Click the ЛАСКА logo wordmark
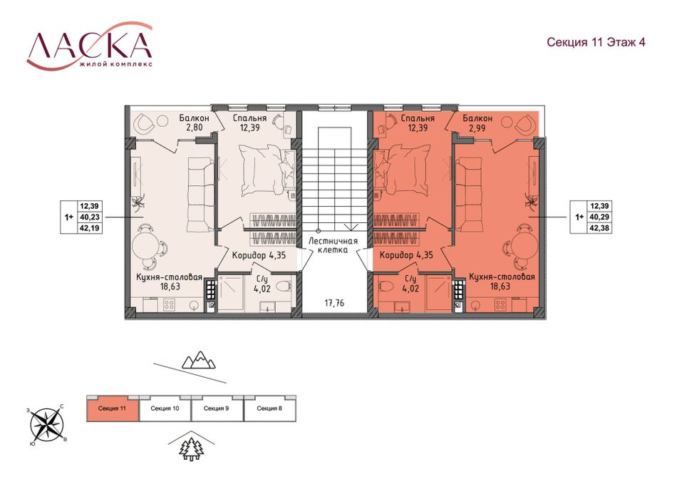coord(90,46)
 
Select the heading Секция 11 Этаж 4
coord(596,42)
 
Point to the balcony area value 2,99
coord(477,128)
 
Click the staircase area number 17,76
coord(335,303)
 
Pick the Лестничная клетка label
coord(334,245)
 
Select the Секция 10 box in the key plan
coord(165,408)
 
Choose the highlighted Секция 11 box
coord(113,408)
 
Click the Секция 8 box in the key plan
coord(270,408)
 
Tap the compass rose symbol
coord(46,425)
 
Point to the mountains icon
coord(199,360)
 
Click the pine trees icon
coord(192,449)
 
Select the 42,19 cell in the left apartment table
coord(89,227)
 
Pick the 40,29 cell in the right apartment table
coord(600,217)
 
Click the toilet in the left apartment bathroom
coord(283,286)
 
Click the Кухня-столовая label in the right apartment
coord(502,277)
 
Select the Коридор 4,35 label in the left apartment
coord(259,255)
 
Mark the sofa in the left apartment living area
coord(200,195)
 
